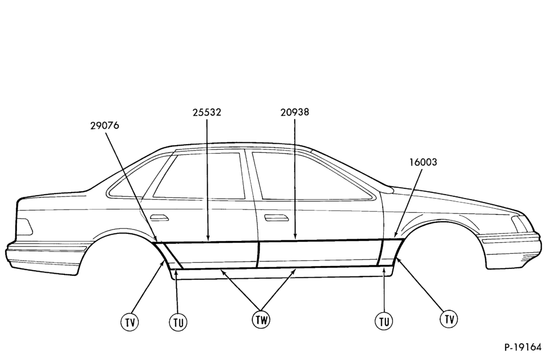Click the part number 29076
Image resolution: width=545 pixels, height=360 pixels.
(105, 125)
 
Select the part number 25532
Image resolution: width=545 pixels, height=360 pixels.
(207, 112)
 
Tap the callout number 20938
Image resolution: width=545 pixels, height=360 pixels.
(295, 112)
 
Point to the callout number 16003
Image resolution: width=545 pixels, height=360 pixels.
(423, 162)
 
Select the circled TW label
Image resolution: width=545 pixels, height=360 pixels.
(261, 320)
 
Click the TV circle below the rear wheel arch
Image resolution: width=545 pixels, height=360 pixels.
(130, 322)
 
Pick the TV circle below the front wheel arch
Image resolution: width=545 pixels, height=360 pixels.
(449, 319)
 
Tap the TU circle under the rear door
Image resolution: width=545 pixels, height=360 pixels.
(178, 322)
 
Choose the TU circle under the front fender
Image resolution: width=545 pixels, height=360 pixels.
(384, 321)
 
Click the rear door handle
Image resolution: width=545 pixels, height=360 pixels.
(159, 218)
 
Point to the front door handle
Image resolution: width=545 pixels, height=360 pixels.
(276, 218)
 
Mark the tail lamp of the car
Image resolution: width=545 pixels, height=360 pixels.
(25, 227)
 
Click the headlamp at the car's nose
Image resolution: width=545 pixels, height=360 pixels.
(519, 224)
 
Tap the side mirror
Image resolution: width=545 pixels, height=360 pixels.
(387, 189)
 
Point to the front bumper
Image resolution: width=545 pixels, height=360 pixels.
(510, 249)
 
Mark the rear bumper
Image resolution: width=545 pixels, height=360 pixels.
(45, 256)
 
